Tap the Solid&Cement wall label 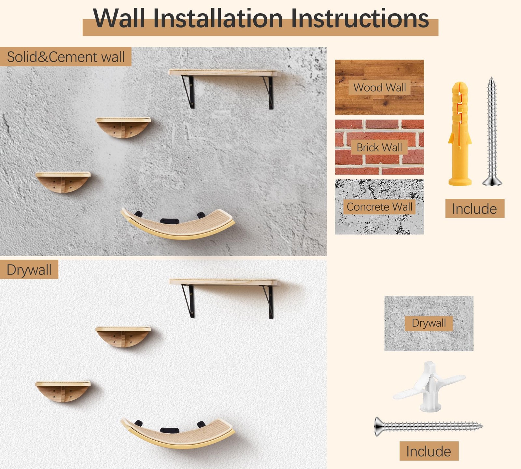coord(65,57)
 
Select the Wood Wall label coord(379,88)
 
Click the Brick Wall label coord(379,148)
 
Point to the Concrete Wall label coord(379,207)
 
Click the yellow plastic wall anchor coord(459,134)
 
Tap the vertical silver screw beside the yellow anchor coord(492,132)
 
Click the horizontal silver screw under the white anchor coord(428,426)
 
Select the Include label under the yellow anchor coord(474,209)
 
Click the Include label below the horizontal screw coord(429,451)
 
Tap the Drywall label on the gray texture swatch coord(429,323)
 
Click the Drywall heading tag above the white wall coord(29,270)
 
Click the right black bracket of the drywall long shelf coord(270,301)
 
